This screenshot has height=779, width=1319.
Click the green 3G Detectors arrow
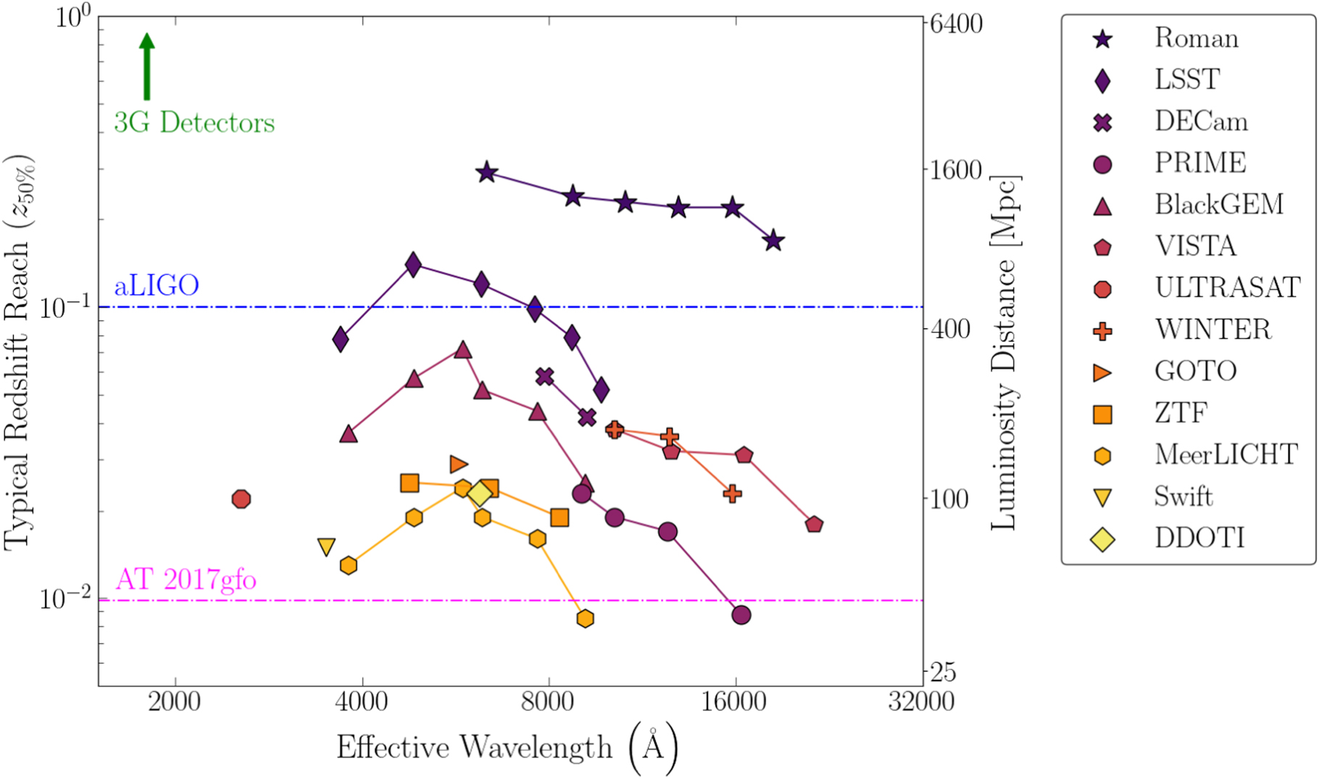point(147,67)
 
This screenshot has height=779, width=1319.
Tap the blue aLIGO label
point(157,286)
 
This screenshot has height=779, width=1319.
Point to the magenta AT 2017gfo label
point(186,580)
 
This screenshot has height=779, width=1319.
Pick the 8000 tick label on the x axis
point(549,702)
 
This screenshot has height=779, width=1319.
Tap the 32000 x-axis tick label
point(922,702)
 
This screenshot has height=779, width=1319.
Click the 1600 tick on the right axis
point(956,170)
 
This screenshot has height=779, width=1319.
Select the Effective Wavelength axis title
point(474,747)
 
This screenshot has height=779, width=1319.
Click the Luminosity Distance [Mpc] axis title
point(1004,352)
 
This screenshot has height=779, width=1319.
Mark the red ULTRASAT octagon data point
point(241,499)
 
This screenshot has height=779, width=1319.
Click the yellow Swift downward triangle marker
point(326,546)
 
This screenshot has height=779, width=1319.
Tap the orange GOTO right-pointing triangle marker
point(458,464)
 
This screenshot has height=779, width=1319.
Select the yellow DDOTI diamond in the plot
point(480,494)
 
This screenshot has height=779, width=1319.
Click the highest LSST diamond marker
point(413,265)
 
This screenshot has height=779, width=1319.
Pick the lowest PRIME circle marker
point(741,615)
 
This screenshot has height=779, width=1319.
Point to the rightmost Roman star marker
point(773,241)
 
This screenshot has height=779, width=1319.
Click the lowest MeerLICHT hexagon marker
point(585,618)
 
